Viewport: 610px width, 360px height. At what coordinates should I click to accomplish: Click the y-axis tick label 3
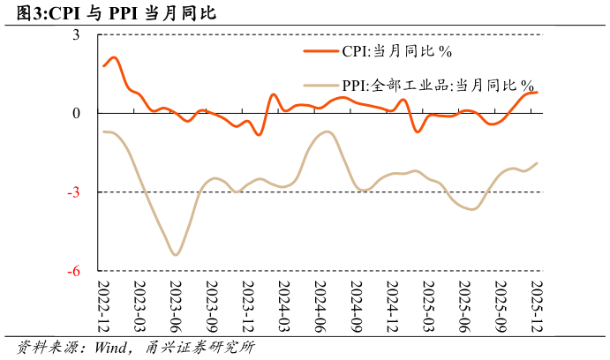pos(76,35)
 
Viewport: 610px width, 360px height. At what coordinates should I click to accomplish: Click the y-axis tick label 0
pos(76,113)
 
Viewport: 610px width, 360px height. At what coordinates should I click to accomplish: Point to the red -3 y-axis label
pos(74,192)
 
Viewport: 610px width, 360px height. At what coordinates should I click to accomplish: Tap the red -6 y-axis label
pos(74,271)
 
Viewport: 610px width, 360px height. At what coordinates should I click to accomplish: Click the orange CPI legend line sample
pos(321,51)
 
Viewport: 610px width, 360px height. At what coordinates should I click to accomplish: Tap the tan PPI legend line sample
pos(321,86)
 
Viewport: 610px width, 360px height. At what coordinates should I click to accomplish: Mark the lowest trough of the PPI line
pos(176,255)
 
